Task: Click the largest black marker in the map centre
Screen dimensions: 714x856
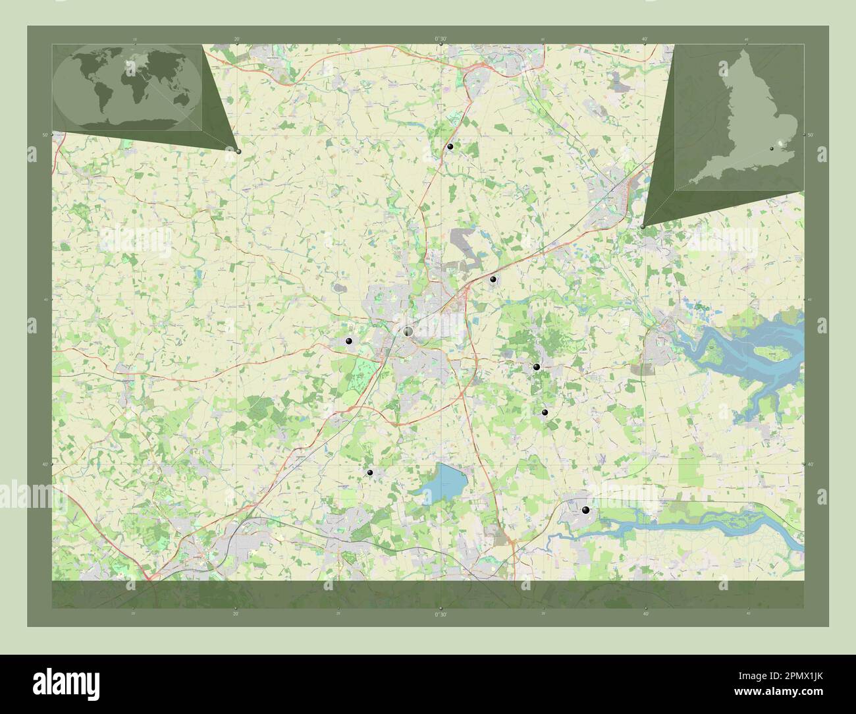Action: (x=408, y=331)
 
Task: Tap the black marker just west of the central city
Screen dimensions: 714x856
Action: (x=348, y=341)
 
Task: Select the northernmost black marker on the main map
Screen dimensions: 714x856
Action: (x=450, y=147)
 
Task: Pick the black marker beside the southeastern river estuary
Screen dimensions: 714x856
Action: (x=585, y=510)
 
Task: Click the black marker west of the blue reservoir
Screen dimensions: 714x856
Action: (x=370, y=473)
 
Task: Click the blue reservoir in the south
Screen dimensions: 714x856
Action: (x=443, y=480)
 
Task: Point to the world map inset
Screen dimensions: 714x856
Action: (x=127, y=88)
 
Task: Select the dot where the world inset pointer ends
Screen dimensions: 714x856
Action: (x=238, y=151)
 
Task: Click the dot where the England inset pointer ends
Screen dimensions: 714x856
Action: (x=643, y=226)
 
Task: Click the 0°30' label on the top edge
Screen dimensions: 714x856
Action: (x=441, y=39)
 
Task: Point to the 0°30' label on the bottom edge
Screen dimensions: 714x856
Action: (x=441, y=614)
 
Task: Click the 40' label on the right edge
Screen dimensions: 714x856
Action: (x=811, y=464)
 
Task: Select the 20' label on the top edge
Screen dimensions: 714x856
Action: (x=236, y=39)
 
